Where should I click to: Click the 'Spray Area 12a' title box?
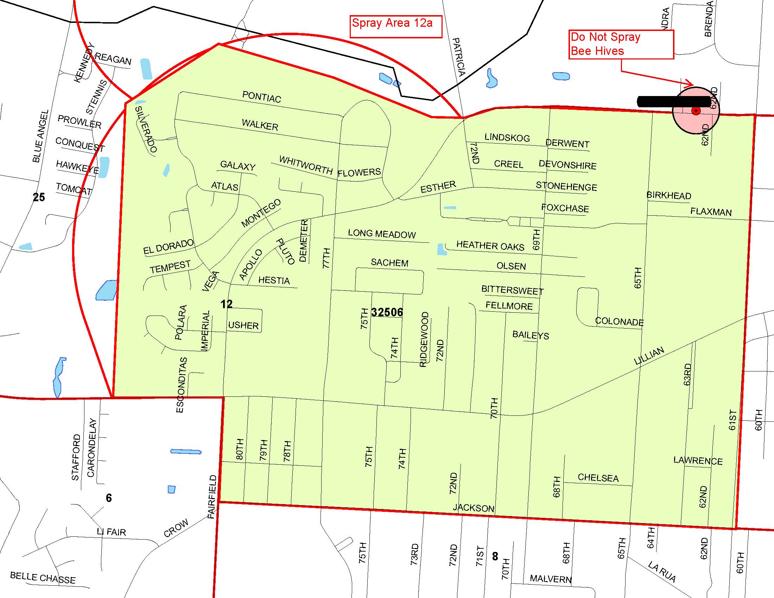click(x=395, y=26)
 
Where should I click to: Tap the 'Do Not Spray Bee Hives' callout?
click(x=621, y=44)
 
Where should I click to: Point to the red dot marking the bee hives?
click(x=696, y=111)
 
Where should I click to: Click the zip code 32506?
click(x=387, y=312)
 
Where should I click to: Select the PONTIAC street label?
click(x=261, y=97)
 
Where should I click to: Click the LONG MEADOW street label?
click(x=382, y=234)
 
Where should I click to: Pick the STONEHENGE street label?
click(x=566, y=186)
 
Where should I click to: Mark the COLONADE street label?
click(x=619, y=321)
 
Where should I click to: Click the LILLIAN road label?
click(x=648, y=356)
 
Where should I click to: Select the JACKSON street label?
click(x=474, y=508)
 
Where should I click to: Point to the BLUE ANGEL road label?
click(x=40, y=136)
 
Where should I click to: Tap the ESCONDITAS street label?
click(x=181, y=385)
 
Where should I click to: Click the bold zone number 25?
click(x=39, y=197)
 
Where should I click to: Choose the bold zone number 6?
click(x=109, y=498)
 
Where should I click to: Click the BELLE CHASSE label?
click(x=43, y=578)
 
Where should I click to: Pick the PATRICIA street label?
click(x=458, y=57)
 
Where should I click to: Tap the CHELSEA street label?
click(x=598, y=478)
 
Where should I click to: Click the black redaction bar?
click(x=673, y=102)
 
